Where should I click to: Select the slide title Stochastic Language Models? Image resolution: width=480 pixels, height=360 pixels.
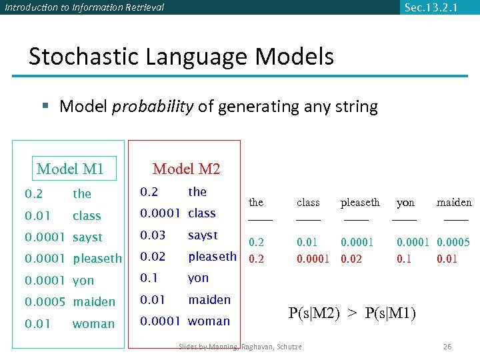click(181, 57)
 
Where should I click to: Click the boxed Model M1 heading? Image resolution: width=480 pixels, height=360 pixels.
click(71, 169)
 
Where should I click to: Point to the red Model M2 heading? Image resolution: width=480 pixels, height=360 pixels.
click(186, 169)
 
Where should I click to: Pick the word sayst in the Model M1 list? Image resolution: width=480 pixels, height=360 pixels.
click(87, 237)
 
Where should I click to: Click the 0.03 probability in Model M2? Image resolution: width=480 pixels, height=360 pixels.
click(152, 235)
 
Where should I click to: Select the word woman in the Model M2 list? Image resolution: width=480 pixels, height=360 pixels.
click(209, 321)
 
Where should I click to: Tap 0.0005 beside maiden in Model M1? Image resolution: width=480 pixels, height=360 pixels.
click(45, 302)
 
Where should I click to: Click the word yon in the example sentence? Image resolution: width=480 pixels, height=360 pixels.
click(405, 202)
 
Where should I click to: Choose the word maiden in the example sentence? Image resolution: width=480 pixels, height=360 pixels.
click(454, 202)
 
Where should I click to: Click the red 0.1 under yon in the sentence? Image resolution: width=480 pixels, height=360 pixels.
click(404, 258)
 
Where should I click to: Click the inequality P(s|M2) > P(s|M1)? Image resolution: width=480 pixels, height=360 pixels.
click(352, 313)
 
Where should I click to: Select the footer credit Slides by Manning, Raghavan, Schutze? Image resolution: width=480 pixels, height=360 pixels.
click(240, 347)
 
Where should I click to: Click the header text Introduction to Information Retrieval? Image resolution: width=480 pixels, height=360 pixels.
click(84, 7)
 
